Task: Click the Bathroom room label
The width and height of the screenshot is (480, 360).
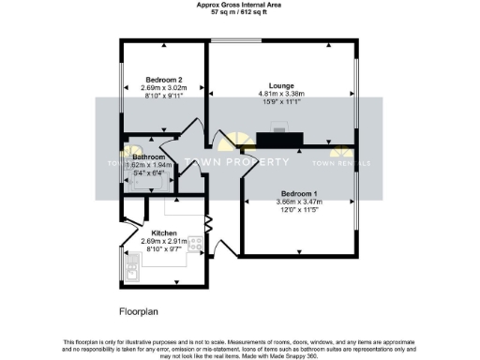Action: (x=148, y=157)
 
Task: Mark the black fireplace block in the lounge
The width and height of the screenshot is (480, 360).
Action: (x=278, y=140)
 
